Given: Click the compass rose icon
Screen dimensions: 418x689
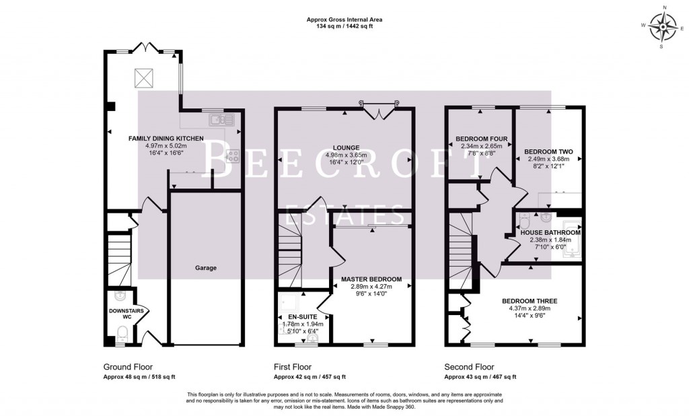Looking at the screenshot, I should coord(665,28).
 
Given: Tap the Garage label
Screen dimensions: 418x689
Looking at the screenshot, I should coord(206,268).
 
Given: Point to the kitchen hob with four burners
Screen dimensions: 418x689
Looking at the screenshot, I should coord(233,155).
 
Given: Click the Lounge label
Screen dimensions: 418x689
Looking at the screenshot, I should coord(345,147).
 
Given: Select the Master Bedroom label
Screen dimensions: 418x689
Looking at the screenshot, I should coord(371,279).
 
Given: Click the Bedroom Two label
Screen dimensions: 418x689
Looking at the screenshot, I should coord(547,152).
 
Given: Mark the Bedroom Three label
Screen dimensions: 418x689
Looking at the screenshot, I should coord(530,301).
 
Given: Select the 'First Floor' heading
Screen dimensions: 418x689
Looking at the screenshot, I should coord(292,367).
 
